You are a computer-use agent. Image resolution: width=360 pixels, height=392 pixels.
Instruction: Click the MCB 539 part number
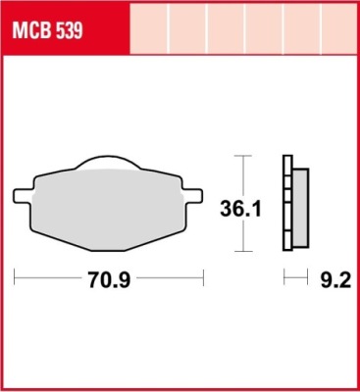(47, 31)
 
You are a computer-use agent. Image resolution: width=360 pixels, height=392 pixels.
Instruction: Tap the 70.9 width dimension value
(109, 280)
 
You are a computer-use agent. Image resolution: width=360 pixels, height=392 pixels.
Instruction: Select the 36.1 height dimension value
(240, 209)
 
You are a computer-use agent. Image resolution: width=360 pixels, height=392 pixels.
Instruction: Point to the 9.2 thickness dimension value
(335, 280)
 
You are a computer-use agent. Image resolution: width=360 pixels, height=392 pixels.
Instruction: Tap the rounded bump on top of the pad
(109, 163)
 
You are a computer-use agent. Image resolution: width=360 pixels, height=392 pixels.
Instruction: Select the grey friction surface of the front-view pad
(108, 209)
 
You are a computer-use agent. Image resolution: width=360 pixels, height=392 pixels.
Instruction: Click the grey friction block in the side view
(300, 208)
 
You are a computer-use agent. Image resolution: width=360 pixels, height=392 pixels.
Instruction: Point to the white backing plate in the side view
(287, 203)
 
